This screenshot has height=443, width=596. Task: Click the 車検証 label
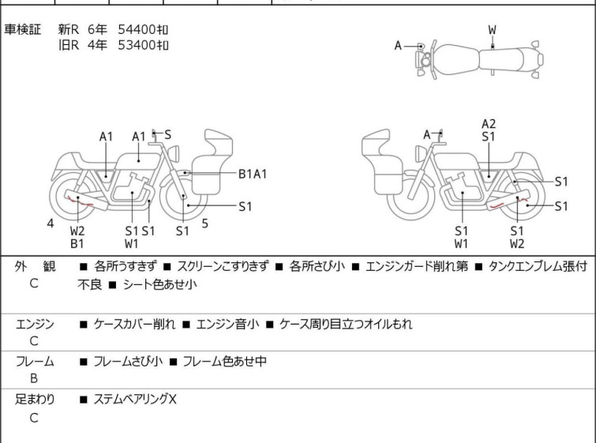pyautogui.click(x=22, y=29)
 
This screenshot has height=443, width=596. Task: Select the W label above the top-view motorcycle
pyautogui.click(x=493, y=30)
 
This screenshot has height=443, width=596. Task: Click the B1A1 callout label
pyautogui.click(x=253, y=174)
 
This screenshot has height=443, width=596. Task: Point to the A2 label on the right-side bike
pyautogui.click(x=489, y=124)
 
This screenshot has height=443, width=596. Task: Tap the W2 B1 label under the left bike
pyautogui.click(x=77, y=237)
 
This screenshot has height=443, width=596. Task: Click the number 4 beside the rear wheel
pyautogui.click(x=51, y=223)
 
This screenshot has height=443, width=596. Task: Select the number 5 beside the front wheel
pyautogui.click(x=205, y=223)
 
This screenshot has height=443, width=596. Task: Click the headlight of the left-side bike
pyautogui.click(x=174, y=153)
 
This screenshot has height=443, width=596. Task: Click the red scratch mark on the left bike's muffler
pyautogui.click(x=80, y=201)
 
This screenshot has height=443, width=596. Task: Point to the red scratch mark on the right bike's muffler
pyautogui.click(x=508, y=203)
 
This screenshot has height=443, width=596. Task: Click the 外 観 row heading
pyautogui.click(x=35, y=266)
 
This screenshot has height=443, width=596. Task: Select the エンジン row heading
pyautogui.click(x=35, y=324)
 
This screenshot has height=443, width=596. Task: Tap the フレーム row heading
pyautogui.click(x=35, y=361)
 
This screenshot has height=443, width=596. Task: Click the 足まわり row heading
pyautogui.click(x=35, y=399)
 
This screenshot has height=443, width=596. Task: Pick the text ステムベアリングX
pyautogui.click(x=135, y=399)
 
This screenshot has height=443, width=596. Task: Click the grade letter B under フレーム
pyautogui.click(x=34, y=378)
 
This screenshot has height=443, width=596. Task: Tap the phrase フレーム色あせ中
pyautogui.click(x=225, y=361)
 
